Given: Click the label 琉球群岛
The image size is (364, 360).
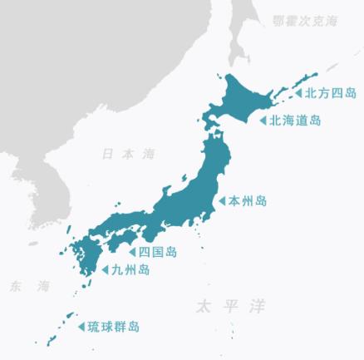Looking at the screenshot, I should [x=113, y=327].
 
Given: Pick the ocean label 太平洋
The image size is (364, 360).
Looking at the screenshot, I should [x=230, y=307].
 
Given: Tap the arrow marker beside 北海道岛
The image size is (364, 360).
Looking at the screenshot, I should [x=263, y=121].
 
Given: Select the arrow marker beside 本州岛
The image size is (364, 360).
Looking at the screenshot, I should [x=222, y=200].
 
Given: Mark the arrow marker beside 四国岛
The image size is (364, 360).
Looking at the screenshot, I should [x=132, y=251].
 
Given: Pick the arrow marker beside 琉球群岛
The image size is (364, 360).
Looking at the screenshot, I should [x=81, y=327].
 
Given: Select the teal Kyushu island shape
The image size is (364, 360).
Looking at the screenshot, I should [x=83, y=258].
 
